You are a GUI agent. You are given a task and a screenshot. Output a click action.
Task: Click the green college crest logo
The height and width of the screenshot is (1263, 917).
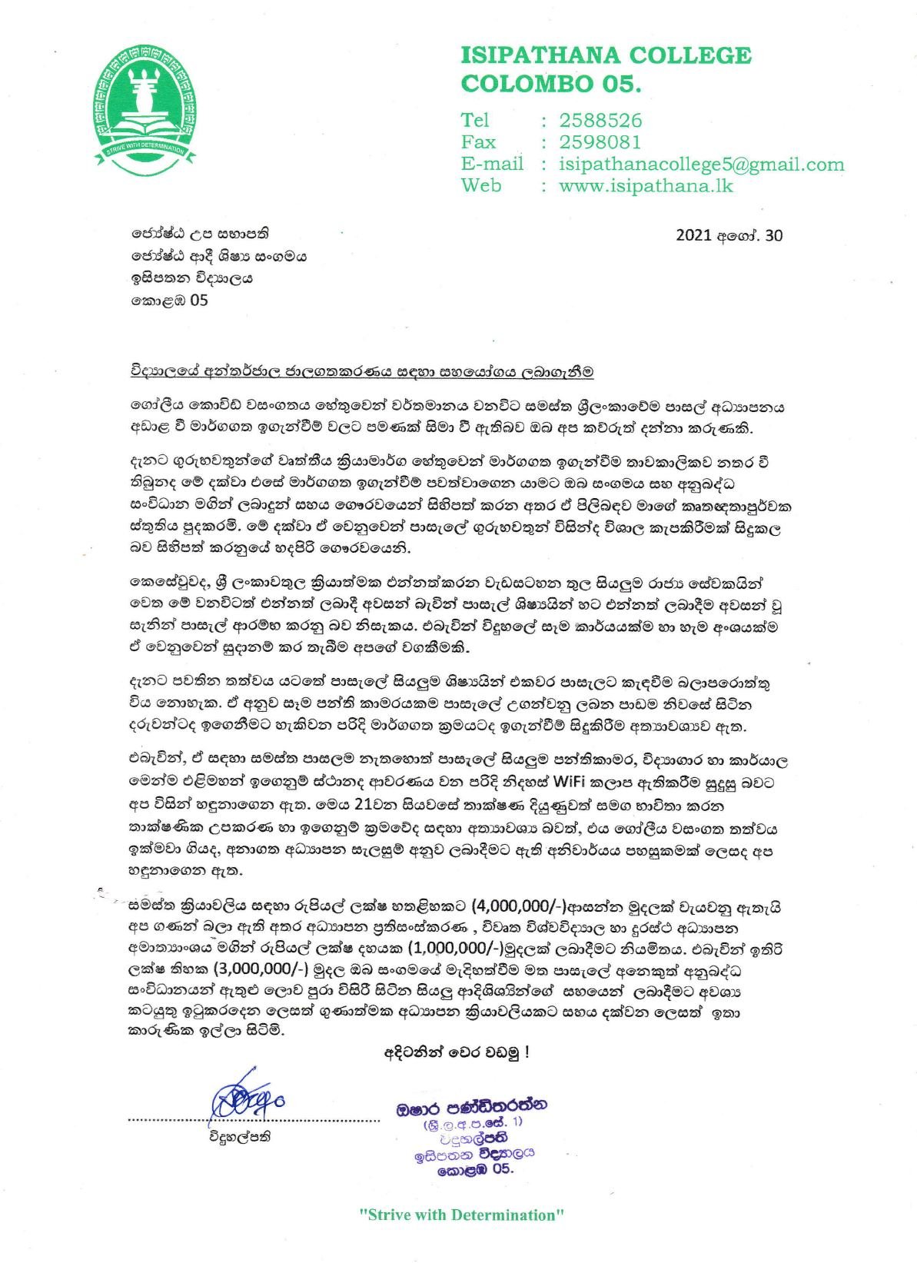(145, 106)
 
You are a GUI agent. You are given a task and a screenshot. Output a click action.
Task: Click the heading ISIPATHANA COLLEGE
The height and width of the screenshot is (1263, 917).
(605, 55)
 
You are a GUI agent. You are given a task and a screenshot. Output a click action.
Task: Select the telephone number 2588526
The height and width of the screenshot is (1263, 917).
(600, 121)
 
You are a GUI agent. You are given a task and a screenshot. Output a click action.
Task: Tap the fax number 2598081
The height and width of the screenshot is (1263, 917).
(600, 142)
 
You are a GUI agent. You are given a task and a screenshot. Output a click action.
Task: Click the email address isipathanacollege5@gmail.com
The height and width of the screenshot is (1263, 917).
(702, 164)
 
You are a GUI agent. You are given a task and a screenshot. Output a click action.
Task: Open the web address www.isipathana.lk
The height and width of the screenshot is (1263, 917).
(646, 185)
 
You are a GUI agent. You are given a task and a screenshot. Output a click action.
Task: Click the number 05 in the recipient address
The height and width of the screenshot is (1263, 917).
(198, 300)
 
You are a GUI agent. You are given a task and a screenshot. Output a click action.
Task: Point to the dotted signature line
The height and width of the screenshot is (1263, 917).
(254, 1121)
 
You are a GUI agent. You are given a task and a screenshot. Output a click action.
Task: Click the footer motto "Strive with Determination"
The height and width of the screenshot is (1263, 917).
(462, 1215)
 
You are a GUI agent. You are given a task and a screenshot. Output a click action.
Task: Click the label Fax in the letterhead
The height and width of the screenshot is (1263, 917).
(478, 142)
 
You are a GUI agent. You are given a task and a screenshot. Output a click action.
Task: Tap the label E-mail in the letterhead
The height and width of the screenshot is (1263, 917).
(492, 164)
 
